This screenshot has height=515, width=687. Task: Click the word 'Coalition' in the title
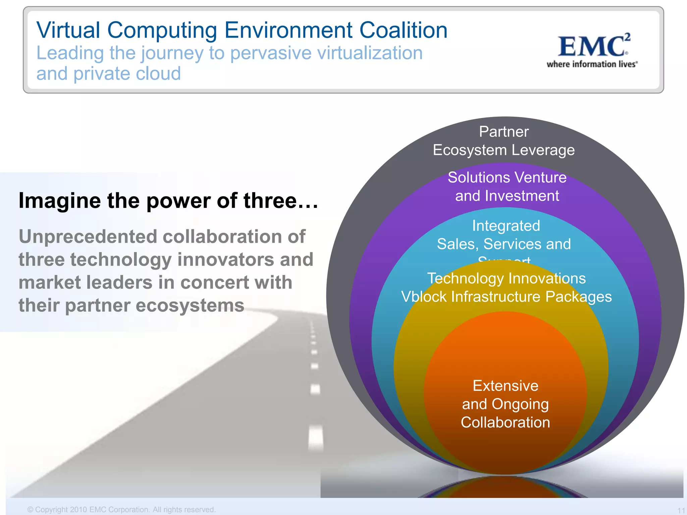(403, 30)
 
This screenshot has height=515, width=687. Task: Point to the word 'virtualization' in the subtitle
(370, 53)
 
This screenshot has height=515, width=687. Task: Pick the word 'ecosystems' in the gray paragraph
(190, 305)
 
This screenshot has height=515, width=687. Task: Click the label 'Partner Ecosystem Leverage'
(504, 141)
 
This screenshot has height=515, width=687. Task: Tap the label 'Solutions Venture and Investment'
(507, 186)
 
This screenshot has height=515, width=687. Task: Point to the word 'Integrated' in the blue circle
(506, 226)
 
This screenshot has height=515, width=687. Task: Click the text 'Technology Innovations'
(506, 278)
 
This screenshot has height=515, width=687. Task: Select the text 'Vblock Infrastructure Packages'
(506, 297)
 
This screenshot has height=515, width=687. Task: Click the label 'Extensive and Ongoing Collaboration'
(505, 404)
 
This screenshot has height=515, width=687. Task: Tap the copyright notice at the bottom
(121, 509)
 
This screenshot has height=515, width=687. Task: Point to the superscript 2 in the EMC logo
(627, 37)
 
